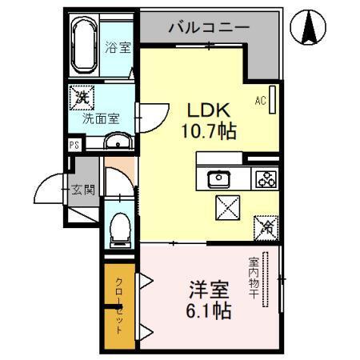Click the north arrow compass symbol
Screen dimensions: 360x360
[309, 28]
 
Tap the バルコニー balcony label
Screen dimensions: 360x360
[208, 28]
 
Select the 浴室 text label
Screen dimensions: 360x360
[118, 47]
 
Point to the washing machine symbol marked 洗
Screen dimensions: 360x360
[82, 98]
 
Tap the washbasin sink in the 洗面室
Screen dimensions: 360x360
[118, 142]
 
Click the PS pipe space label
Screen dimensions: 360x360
[74, 146]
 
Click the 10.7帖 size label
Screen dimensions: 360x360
[212, 130]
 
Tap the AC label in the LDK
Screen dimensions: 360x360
[260, 101]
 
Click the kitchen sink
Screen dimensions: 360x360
[218, 178]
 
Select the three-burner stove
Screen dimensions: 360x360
[266, 178]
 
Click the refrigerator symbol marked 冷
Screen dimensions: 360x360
[266, 227]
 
